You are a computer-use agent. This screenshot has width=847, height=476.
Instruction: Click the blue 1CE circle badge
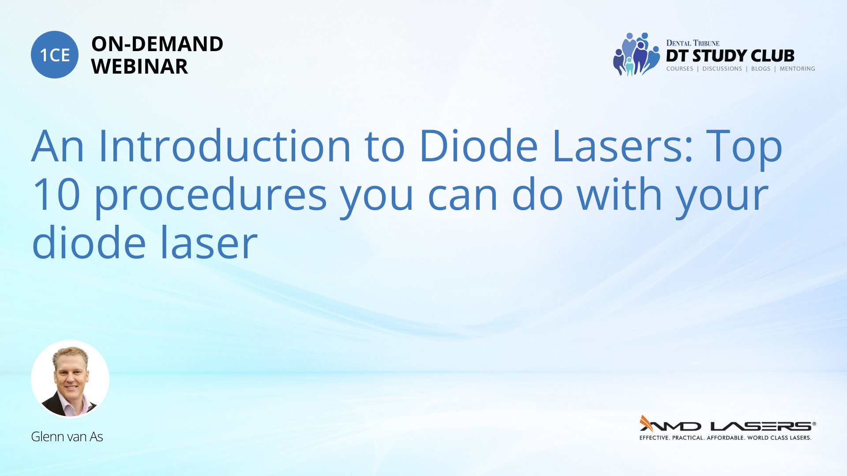[55, 55]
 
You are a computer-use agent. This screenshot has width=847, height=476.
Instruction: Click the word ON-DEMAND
[157, 44]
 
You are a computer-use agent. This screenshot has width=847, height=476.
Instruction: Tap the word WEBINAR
[139, 67]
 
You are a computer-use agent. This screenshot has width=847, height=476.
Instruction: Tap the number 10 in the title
[56, 194]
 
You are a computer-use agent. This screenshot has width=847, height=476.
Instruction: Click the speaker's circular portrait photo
[70, 379]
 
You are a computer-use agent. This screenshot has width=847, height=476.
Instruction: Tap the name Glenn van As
[67, 436]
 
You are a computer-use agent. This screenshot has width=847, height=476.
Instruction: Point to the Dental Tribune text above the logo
[693, 43]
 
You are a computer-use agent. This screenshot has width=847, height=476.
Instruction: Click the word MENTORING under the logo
[797, 69]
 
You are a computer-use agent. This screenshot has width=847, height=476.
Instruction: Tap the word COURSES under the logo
[679, 69]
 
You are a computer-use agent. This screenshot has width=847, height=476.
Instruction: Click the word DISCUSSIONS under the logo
[722, 69]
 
